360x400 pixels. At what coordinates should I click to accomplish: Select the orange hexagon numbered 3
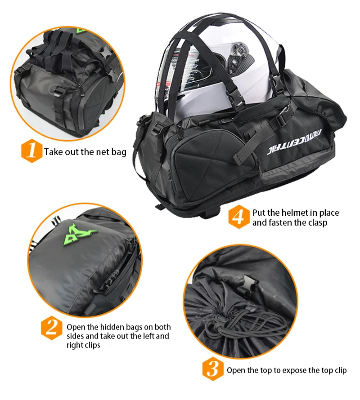pos(212,369)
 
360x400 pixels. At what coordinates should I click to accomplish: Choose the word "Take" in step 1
pos(54,151)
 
